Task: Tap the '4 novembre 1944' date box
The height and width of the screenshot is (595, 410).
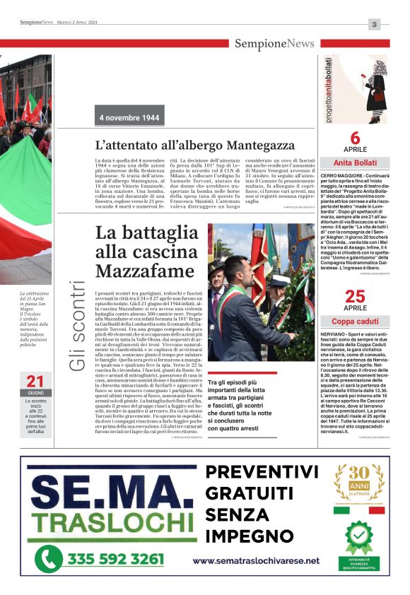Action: [129, 117]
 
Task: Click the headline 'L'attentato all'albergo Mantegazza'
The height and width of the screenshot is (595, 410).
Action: [194, 146]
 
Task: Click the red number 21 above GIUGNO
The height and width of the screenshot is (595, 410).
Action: [35, 382]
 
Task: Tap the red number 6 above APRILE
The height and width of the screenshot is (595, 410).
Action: [355, 139]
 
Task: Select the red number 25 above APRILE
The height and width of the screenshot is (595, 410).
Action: [355, 297]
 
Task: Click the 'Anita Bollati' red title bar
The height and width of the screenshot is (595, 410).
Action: [355, 163]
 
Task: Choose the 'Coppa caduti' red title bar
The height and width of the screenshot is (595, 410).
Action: [355, 322]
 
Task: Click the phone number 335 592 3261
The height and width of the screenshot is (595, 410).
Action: [116, 559]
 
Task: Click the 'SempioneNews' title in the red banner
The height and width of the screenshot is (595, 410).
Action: [274, 44]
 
